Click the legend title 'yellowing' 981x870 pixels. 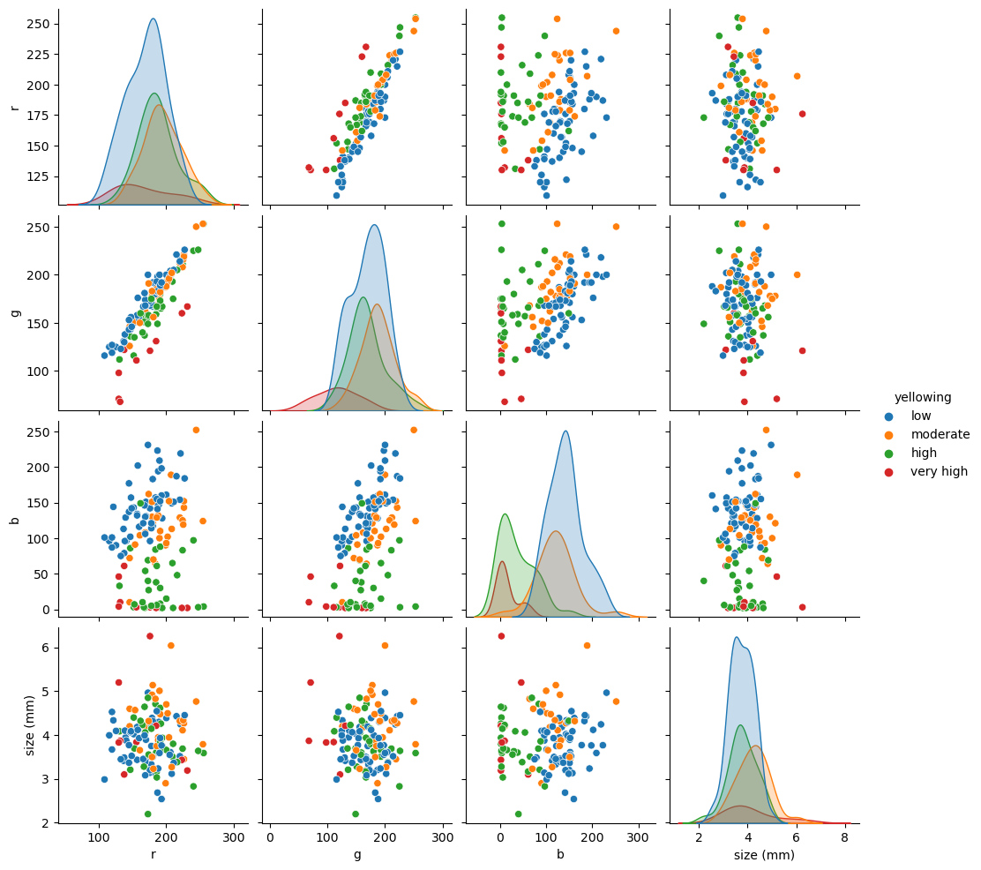point(923,397)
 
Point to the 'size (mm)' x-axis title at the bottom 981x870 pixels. point(764,854)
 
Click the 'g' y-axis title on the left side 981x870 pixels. point(14,313)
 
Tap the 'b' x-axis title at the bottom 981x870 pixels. point(560,854)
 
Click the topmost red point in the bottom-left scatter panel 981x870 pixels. point(150,636)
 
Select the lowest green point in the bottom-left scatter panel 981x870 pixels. point(147,814)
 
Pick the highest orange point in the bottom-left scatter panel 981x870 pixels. point(171,645)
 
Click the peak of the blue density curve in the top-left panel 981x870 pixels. point(153,19)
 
